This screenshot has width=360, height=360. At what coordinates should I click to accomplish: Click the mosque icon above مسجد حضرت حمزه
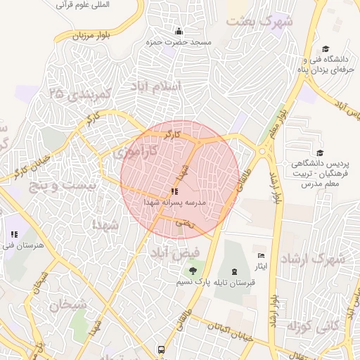tap(179, 31)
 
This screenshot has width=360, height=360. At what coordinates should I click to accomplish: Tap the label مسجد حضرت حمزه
tap(179, 43)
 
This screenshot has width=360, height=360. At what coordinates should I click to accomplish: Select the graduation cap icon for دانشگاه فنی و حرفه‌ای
tap(325, 49)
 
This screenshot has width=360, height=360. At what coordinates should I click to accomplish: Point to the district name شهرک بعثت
tap(259, 22)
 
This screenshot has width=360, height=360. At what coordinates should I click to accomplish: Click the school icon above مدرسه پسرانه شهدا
tap(174, 191)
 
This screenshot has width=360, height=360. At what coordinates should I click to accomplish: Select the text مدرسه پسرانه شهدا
tap(175, 202)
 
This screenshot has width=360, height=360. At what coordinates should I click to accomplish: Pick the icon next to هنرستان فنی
tap(13, 235)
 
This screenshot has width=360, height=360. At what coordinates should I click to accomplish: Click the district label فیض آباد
tap(175, 251)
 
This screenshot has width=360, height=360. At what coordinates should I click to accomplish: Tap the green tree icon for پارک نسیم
tap(191, 271)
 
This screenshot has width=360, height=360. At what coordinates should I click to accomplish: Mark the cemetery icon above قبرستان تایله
tap(234, 271)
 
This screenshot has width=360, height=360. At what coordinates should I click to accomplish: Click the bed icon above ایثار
tap(262, 256)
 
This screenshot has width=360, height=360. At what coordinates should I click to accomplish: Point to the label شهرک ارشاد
tap(312, 259)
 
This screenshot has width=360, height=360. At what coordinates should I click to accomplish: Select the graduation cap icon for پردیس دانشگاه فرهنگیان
tap(320, 153)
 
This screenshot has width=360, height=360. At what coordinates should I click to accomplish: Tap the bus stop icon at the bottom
tap(162, 349)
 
